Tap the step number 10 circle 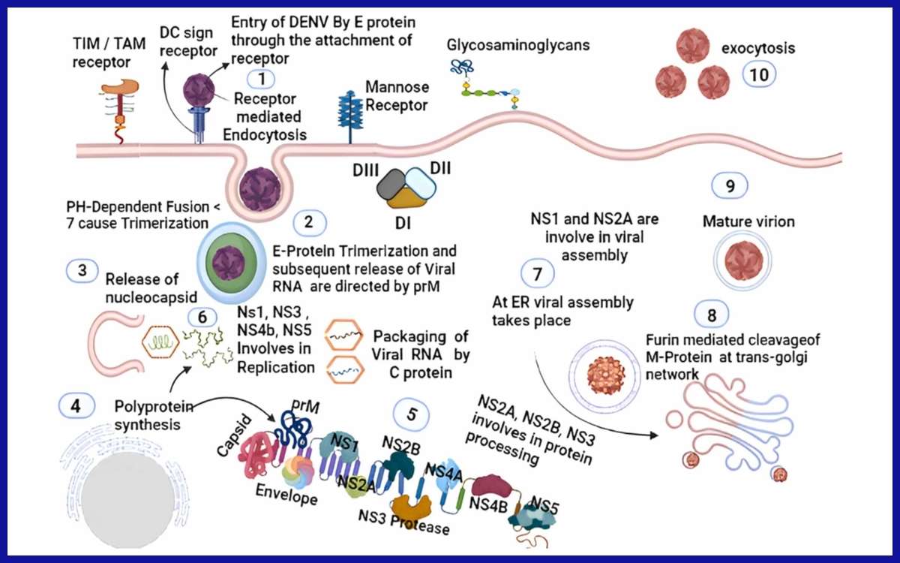pyautogui.click(x=758, y=73)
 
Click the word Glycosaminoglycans pyautogui.click(x=518, y=44)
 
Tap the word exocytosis pyautogui.click(x=757, y=49)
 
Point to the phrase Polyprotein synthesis pyautogui.click(x=154, y=414)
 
